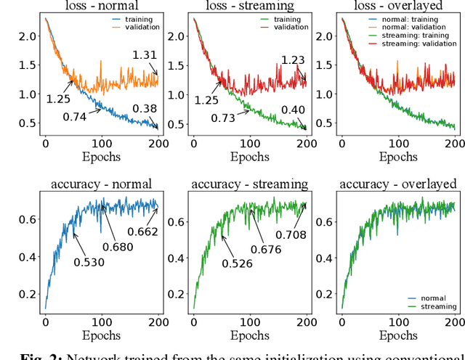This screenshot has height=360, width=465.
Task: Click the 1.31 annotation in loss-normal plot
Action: click(145, 54)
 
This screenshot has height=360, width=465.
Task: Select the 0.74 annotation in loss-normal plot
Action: click(76, 117)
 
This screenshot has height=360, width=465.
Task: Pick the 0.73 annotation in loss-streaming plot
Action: click(224, 118)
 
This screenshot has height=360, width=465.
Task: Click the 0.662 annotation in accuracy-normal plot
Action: click(143, 232)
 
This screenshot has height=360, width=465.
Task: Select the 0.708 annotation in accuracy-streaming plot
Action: click(291, 234)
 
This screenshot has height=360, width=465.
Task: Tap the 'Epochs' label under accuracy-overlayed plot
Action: click(398, 335)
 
